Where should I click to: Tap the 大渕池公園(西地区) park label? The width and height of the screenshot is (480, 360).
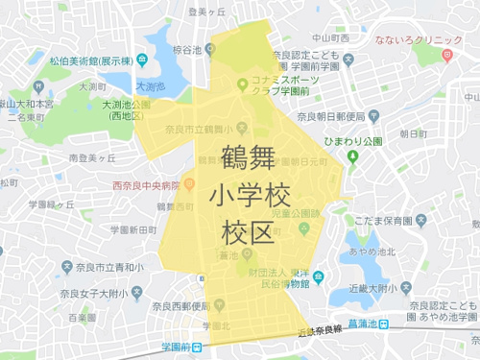(x=119, y=109)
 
